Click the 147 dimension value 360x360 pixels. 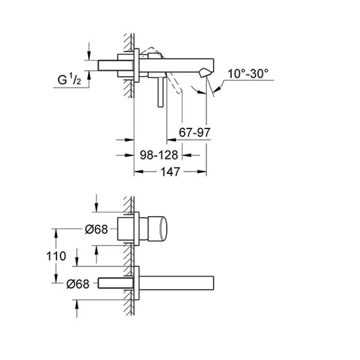pos(170,172)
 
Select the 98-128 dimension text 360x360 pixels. pos(159,155)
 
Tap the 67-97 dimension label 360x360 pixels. pos(194,132)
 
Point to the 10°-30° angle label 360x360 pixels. pos(248,74)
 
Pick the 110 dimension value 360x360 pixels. pos(56,256)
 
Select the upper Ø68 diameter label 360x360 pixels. pos(96,229)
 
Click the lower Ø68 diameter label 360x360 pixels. pos(78,284)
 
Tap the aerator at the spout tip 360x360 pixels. pos(205,72)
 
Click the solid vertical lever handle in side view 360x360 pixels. pos(160,92)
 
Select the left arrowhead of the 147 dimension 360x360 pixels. pos(139,171)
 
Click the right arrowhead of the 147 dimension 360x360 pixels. pos(202,171)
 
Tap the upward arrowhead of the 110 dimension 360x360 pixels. pos(56,234)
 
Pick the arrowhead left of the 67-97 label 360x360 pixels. pos(171,139)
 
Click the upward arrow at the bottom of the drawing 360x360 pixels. pos(76,309)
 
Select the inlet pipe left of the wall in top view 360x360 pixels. pos(116,65)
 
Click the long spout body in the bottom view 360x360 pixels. pos(176,283)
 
